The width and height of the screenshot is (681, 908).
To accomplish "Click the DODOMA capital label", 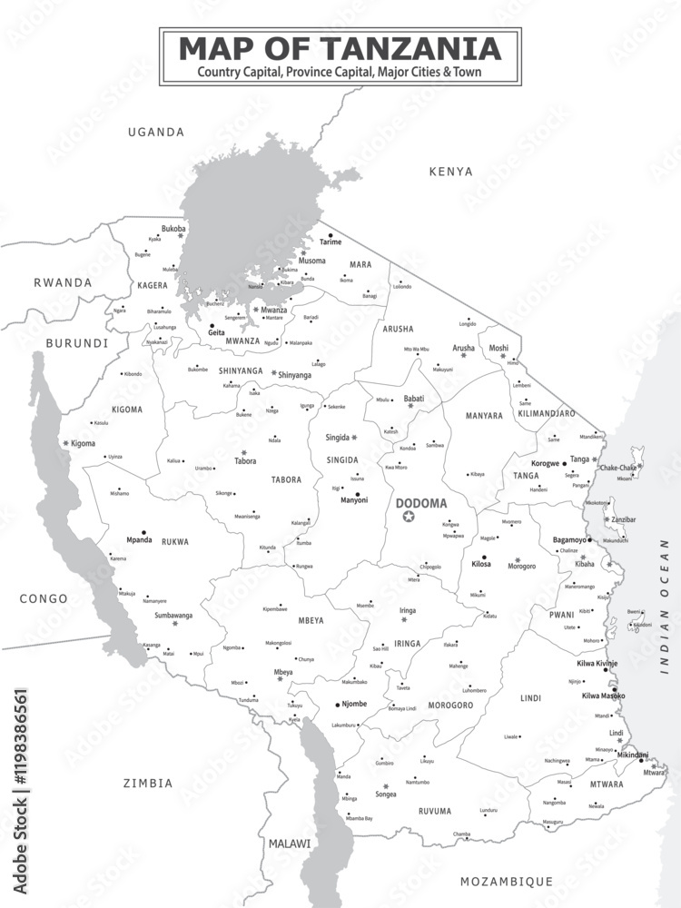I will pos(421,503).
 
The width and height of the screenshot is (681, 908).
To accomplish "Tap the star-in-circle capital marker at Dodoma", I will pos(409,518).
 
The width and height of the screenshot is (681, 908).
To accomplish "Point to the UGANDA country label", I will pos(156,133).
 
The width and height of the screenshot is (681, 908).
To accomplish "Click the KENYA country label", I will pos(451,171).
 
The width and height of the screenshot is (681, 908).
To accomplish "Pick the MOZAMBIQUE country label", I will pos(507,881).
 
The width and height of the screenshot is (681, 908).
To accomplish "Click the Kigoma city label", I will pos(83,443).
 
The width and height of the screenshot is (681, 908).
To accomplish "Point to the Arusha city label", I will pos(463,348).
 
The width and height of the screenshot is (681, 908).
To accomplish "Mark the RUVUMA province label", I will pos(434,811).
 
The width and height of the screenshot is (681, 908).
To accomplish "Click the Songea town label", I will pos(386,794).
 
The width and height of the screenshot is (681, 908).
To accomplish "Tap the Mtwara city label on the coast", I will pos(654,773).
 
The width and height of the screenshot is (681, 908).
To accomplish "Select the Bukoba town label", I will pos(173,228).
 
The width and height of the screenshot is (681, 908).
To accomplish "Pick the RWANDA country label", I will pos(63,282).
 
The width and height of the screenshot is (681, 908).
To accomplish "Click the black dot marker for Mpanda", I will pos(143,533).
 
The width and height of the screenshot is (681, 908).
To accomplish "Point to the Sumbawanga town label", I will pos(174,615).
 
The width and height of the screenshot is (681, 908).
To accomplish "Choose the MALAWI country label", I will pos(289,844).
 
